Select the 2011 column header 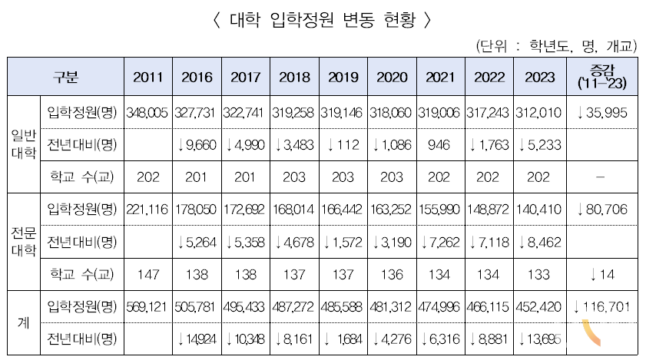[147, 77]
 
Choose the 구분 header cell [65, 77]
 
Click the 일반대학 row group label [23, 144]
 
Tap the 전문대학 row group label [23, 242]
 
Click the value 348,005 [147, 113]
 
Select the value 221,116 [147, 210]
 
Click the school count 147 [147, 274]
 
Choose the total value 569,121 [147, 308]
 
